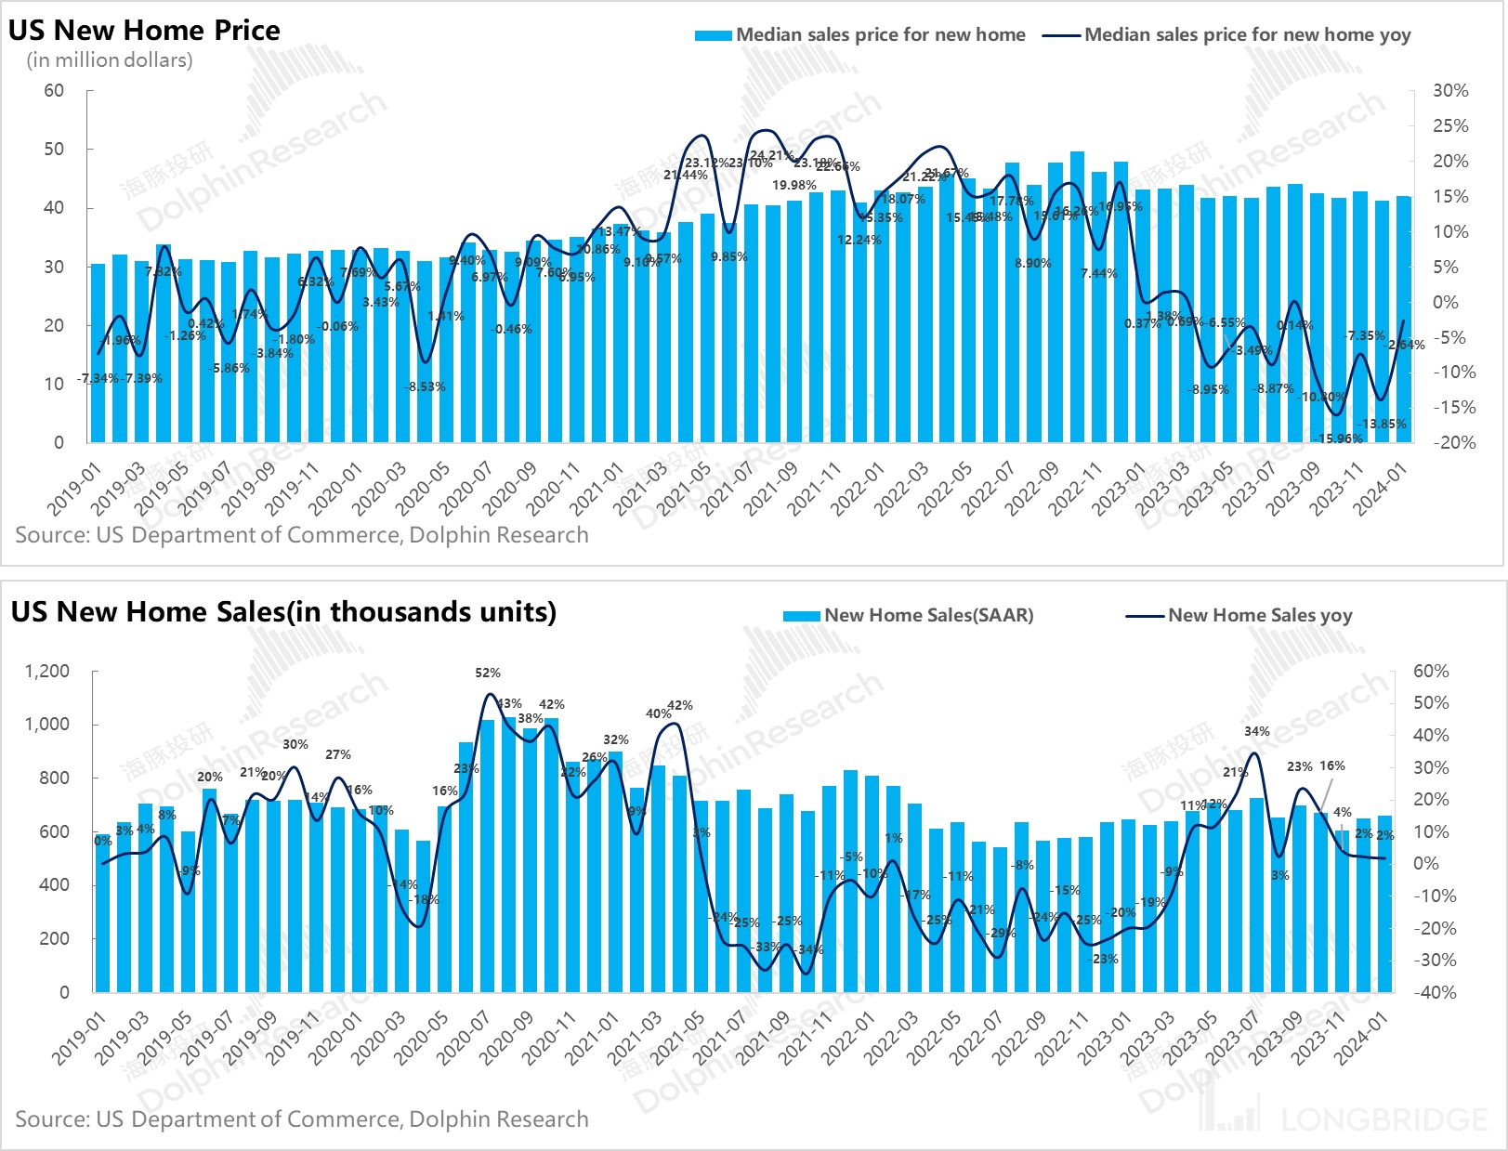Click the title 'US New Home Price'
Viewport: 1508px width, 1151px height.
[144, 30]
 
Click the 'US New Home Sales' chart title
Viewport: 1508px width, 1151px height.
[283, 611]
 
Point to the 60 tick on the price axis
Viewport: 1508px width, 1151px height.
[54, 90]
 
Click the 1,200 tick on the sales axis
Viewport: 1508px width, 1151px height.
[47, 671]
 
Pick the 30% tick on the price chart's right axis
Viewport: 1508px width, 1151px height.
[1450, 90]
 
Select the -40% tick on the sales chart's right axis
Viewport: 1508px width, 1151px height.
[1431, 991]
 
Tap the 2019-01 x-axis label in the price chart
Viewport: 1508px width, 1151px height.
[74, 490]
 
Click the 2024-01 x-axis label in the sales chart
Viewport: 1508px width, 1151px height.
[1361, 1038]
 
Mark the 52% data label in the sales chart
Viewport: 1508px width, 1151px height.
[488, 673]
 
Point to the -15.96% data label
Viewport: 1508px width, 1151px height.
[1340, 438]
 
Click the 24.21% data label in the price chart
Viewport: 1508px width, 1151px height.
[771, 155]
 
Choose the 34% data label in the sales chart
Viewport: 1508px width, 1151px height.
[1257, 732]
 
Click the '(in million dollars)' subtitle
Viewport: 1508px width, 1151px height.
[110, 60]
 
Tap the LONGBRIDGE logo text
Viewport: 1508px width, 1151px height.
[1383, 1119]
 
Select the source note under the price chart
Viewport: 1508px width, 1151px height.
[302, 535]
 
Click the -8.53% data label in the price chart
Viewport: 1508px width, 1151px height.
[427, 386]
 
